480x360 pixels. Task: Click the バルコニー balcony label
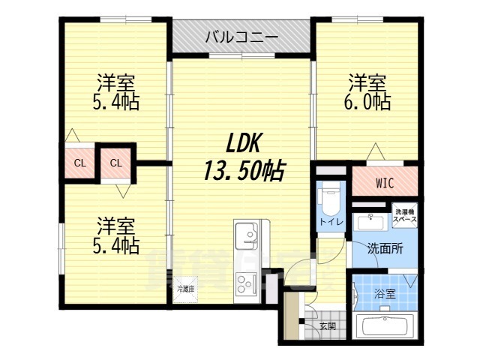[x=241, y=37]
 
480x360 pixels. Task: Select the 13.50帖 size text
[x=241, y=172]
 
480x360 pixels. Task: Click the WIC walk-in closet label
[x=385, y=182]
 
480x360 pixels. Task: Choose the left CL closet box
[x=79, y=162]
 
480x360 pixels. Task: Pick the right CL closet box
[x=116, y=162]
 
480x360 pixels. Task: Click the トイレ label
[x=331, y=222]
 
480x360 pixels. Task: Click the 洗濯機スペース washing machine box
[x=405, y=217]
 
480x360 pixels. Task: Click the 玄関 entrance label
[x=327, y=326]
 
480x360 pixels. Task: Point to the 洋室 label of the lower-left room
[x=117, y=225]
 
